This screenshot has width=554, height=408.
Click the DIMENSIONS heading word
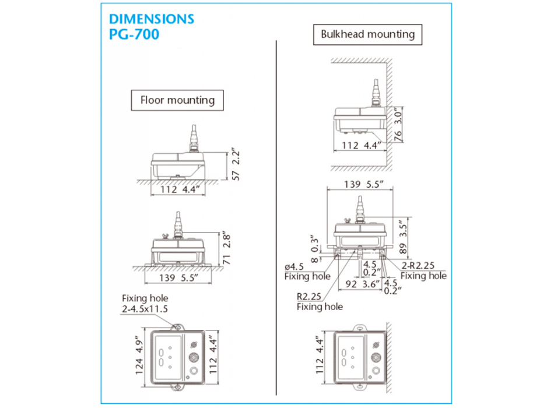pyautogui.click(x=152, y=19)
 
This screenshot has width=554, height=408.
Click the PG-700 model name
pyautogui.click(x=134, y=34)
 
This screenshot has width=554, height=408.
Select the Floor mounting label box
pyautogui.click(x=177, y=100)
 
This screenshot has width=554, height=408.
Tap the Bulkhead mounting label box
pyautogui.click(x=367, y=34)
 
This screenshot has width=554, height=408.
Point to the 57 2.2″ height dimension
pyautogui.click(x=236, y=165)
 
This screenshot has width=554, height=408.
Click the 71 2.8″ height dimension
pyautogui.click(x=226, y=249)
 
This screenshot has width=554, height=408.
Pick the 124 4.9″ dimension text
pyautogui.click(x=139, y=357)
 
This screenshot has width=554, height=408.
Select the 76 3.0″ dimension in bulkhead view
pyautogui.click(x=398, y=125)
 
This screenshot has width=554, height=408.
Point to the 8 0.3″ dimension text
pyautogui.click(x=314, y=249)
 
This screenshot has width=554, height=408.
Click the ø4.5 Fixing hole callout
pyautogui.click(x=307, y=271)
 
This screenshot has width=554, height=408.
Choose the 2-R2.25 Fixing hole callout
pyautogui.click(x=423, y=270)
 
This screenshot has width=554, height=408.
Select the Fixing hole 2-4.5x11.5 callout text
pyautogui.click(x=145, y=304)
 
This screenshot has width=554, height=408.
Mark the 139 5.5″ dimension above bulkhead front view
pyautogui.click(x=363, y=184)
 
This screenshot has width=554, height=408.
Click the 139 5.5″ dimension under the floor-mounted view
pyautogui.click(x=178, y=277)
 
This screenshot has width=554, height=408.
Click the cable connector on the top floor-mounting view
pyautogui.click(x=193, y=138)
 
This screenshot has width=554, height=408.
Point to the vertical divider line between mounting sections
pyautogui.click(x=276, y=218)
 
